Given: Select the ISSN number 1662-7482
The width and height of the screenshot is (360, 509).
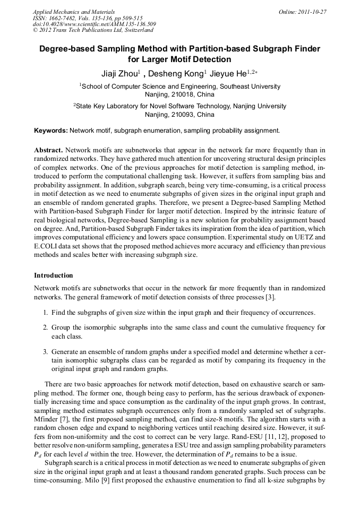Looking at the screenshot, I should click(63, 18).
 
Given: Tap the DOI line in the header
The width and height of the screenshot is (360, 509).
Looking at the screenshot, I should click(93, 24).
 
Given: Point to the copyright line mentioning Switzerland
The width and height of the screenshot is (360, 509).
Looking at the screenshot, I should click(93, 30).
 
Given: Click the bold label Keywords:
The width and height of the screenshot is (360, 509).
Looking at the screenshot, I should click(51, 131).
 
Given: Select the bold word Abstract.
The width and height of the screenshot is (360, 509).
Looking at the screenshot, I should click(48, 150).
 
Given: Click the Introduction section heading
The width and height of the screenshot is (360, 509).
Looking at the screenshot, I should click(53, 275).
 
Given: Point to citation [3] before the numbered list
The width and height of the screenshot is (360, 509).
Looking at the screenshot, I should click(270, 297).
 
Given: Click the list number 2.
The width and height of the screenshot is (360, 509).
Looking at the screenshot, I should click(46, 327).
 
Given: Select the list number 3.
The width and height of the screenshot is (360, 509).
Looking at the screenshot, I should click(46, 352).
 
